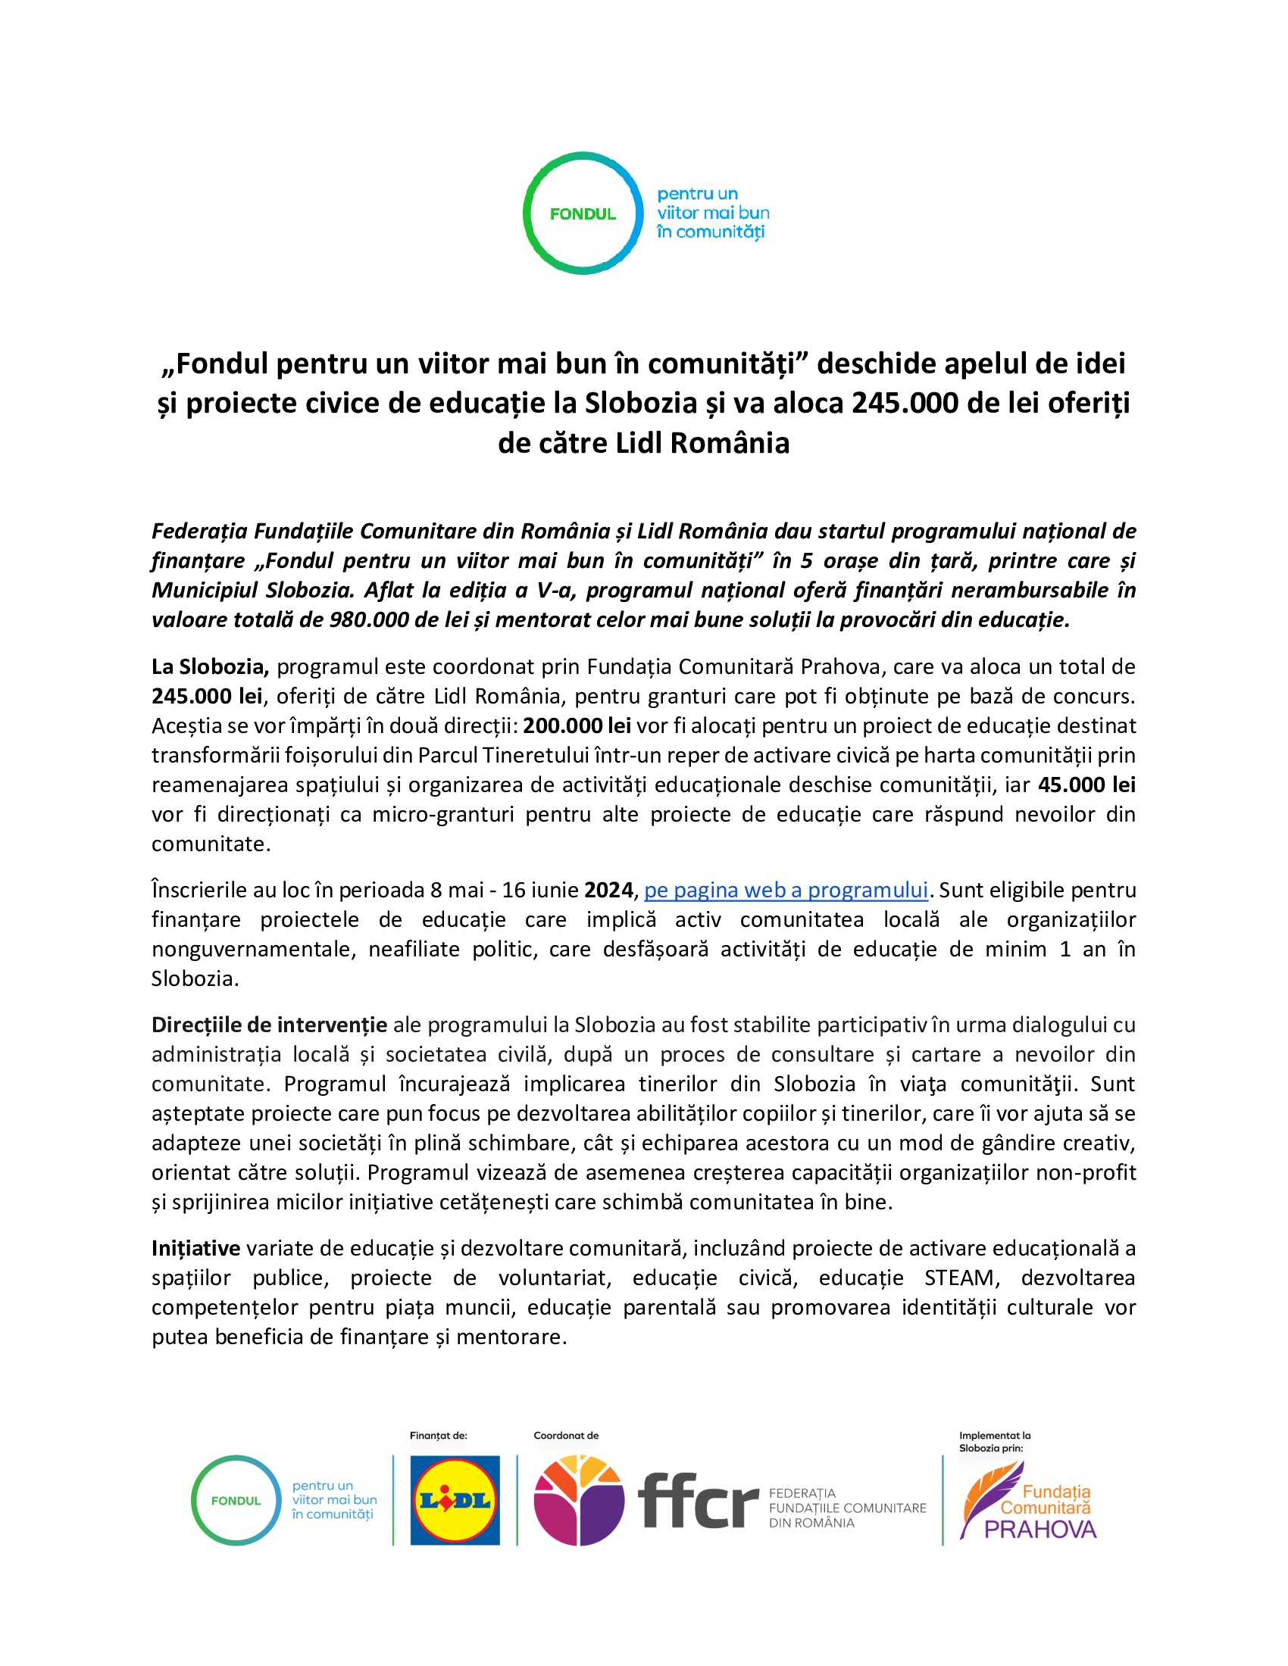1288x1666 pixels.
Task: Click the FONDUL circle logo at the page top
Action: point(583,214)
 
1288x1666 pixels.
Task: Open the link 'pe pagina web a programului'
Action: point(785,891)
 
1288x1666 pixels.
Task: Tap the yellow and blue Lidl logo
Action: point(455,1499)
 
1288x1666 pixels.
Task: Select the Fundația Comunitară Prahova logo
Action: point(1028,1499)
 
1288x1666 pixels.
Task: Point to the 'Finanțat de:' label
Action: point(438,1436)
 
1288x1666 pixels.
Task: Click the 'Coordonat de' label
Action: point(565,1436)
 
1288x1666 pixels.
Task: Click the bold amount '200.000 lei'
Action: point(576,725)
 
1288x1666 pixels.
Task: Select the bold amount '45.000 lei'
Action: point(1086,785)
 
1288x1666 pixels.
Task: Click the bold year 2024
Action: point(608,891)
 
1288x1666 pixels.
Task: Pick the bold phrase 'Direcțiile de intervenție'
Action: point(269,1025)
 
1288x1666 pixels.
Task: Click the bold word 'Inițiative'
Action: point(195,1248)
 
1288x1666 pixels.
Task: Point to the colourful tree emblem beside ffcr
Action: point(578,1499)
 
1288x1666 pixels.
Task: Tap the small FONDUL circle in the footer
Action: point(236,1500)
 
